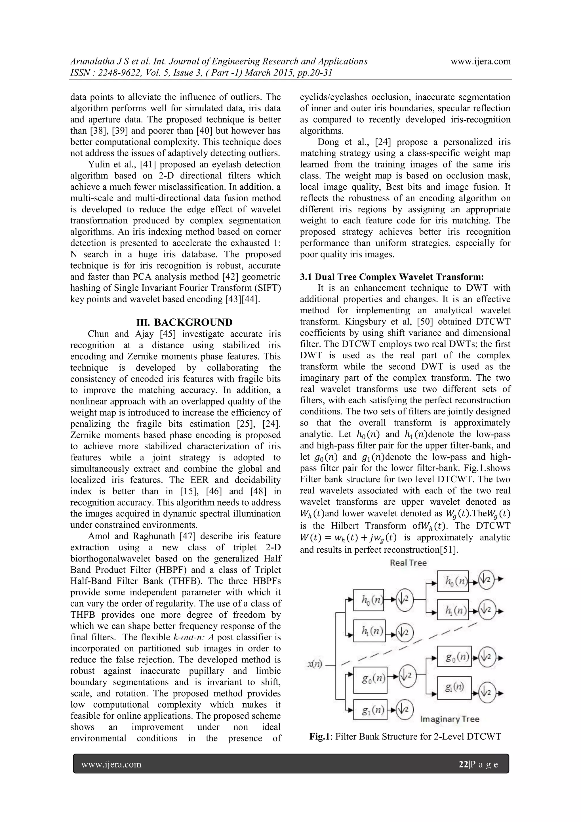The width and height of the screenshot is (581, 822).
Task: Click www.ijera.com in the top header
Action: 481,62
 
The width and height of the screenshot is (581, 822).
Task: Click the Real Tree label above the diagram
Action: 408,563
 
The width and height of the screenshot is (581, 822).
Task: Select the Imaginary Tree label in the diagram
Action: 449,719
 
